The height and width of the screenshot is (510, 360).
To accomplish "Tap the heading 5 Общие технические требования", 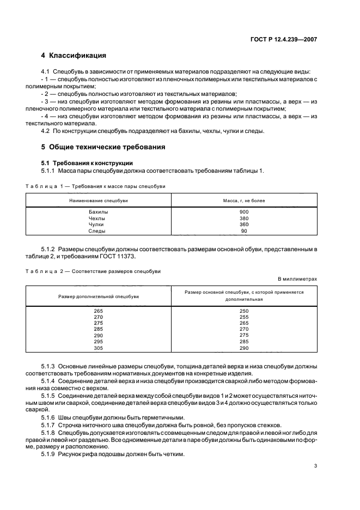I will pyautogui.click(x=103, y=147).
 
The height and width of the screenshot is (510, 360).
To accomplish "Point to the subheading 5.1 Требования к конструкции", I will pyautogui.click(x=87, y=163).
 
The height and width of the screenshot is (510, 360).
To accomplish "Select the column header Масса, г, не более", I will pyautogui.click(x=243, y=201).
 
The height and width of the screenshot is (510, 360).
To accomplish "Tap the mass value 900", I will pyautogui.click(x=243, y=211).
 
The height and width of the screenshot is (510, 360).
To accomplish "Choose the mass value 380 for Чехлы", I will pyautogui.click(x=243, y=218).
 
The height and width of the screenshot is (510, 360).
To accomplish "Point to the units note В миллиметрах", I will pyautogui.click(x=297, y=278).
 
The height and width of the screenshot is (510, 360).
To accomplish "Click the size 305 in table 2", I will pyautogui.click(x=98, y=348).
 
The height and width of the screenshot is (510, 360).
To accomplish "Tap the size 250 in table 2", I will pyautogui.click(x=243, y=311).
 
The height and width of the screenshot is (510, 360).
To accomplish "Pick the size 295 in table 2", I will pyautogui.click(x=98, y=342).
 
